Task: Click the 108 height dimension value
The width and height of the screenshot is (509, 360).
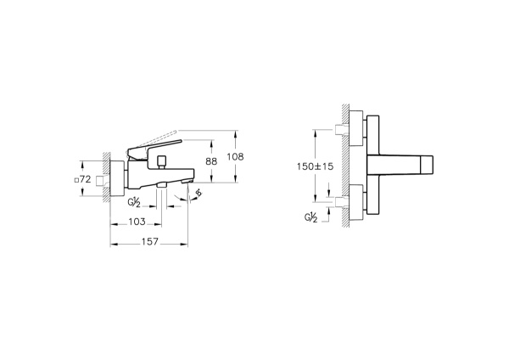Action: pos(235,157)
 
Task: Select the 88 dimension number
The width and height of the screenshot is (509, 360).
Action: pos(211,161)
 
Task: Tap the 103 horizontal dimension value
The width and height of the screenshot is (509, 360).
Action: pos(137,222)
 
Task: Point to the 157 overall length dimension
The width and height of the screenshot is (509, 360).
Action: pos(149,242)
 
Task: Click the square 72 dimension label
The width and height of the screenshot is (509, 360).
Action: pos(82,179)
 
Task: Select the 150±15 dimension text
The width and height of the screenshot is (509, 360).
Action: pos(315,166)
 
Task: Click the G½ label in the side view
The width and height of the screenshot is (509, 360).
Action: pos(134,203)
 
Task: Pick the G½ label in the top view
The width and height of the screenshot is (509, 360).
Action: pos(310,217)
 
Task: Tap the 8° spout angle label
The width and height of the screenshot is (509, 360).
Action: pos(199,193)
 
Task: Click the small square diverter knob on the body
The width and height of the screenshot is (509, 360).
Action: pos(161,160)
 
